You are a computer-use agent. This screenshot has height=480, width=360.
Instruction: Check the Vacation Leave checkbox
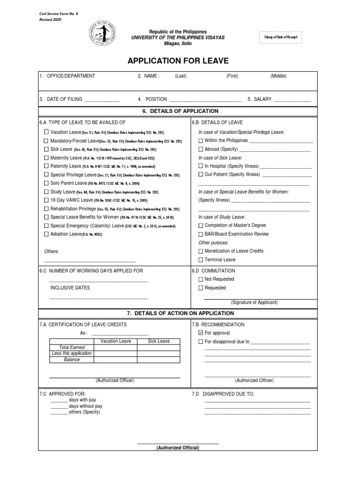coord(46,132)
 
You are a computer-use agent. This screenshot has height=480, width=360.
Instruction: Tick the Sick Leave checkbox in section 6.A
coord(46,149)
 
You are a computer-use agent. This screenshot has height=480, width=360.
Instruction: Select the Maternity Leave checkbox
coord(46,157)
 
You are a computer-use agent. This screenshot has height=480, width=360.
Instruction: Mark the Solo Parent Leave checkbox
coord(46,183)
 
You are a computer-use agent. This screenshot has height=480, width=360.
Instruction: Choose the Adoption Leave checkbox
coord(46,233)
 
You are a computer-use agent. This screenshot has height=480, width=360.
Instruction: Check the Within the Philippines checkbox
coord(201,141)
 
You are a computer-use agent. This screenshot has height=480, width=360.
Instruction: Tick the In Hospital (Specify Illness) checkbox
coord(201,166)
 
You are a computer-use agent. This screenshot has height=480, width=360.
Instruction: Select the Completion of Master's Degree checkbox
coord(201,225)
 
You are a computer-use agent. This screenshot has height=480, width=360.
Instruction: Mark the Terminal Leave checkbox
coord(201,260)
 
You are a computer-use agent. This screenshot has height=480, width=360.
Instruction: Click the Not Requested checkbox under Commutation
coord(201,279)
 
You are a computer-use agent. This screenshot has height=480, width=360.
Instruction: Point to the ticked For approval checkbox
coord(201,333)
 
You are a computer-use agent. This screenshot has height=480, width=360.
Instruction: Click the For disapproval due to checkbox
coord(201,342)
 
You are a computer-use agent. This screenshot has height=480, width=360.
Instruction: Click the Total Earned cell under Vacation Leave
coord(115,347)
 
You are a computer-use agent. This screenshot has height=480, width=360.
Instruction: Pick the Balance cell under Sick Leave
coord(158,360)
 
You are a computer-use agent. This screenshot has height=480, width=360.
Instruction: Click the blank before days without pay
coord(59,406)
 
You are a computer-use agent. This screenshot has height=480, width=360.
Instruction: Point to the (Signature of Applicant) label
coord(254,302)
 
